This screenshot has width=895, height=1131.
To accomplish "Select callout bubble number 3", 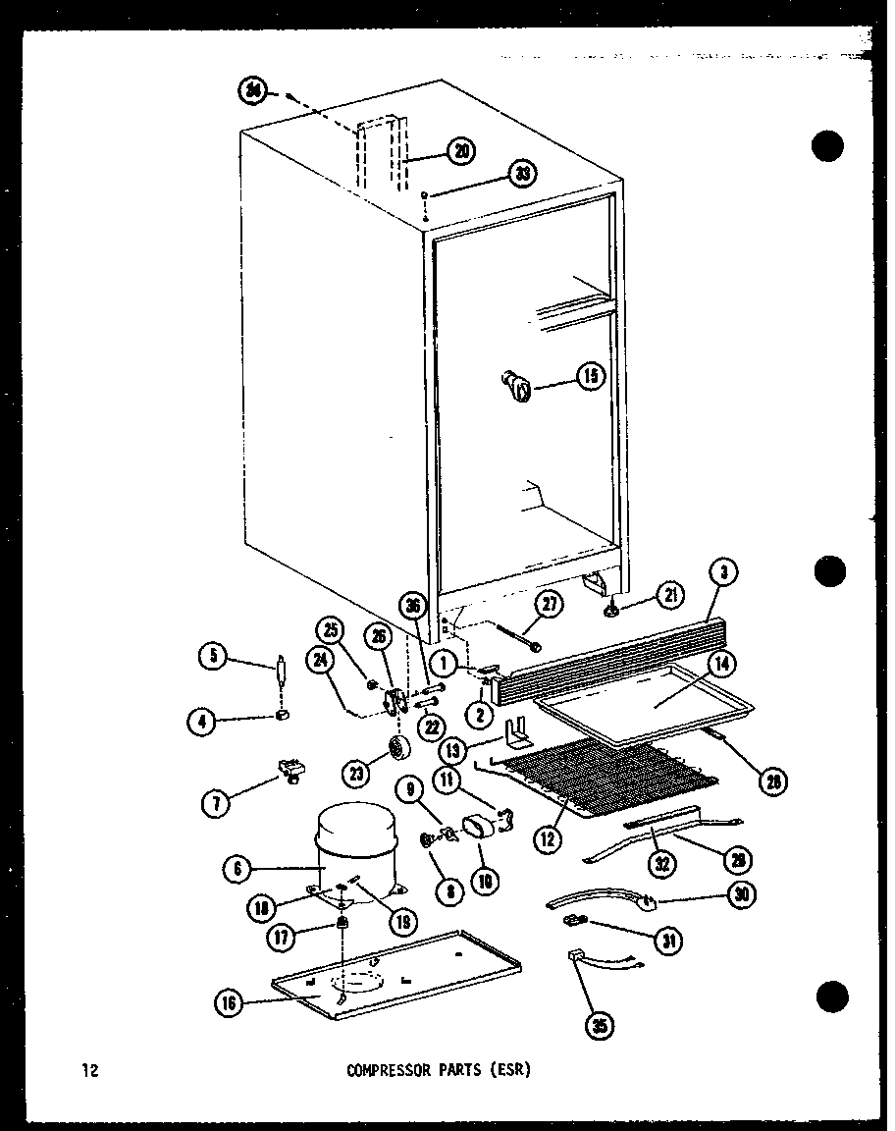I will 723,571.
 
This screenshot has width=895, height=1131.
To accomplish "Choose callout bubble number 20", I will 459,150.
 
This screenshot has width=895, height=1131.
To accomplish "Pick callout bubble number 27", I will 550,603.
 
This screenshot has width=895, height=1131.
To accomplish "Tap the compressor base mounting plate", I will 393,977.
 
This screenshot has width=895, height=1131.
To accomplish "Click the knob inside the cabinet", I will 517,384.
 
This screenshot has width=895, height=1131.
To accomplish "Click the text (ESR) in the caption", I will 510,1071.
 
